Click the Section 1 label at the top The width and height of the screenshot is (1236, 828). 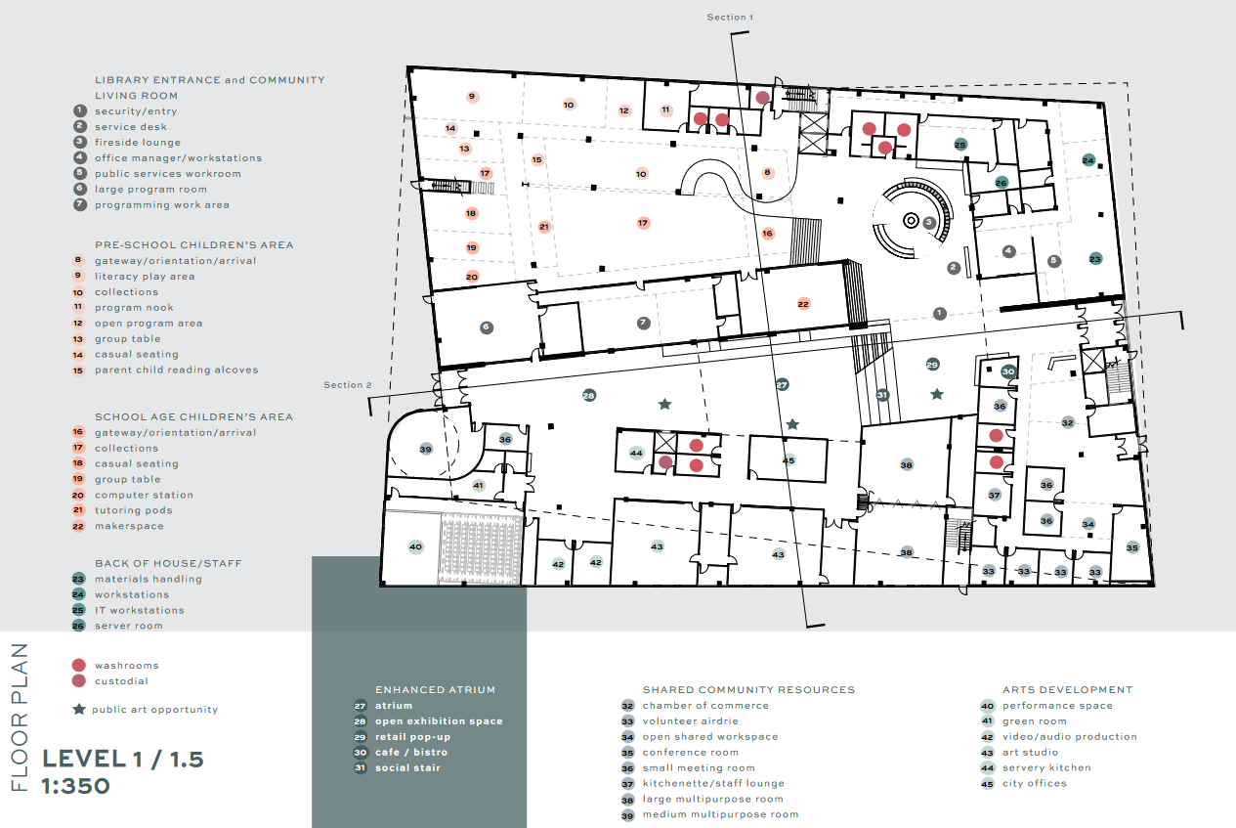[730, 18]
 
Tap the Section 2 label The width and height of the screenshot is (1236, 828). [348, 385]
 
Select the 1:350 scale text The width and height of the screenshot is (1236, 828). [76, 786]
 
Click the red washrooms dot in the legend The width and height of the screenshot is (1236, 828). [79, 665]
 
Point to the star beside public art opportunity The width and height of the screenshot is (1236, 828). [79, 710]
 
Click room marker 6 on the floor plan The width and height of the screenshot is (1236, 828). [487, 327]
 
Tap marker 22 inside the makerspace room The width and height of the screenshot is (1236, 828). [803, 304]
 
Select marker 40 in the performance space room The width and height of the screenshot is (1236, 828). [415, 547]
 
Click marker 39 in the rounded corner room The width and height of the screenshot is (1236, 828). [425, 449]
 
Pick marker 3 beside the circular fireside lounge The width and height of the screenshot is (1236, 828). [929, 223]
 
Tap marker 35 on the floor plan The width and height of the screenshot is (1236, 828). [1132, 547]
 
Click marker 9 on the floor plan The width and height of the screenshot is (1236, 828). [472, 97]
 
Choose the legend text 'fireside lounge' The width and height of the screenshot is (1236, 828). [138, 143]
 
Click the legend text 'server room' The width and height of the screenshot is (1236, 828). [129, 626]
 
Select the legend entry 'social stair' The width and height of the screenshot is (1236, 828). [407, 767]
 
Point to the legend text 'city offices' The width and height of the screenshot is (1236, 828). [1035, 783]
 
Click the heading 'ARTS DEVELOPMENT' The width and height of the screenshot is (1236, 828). [1067, 689]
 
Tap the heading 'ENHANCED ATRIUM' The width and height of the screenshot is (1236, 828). [436, 689]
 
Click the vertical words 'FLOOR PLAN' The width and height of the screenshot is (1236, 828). [20, 718]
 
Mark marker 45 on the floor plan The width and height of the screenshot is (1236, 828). [788, 459]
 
